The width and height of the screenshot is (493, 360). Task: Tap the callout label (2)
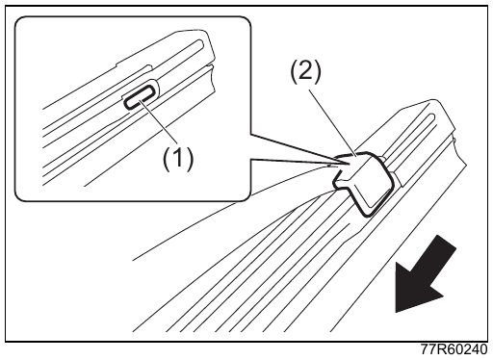305,71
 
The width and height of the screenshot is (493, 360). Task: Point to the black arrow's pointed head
397,312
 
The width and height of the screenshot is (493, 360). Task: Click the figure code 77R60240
454,349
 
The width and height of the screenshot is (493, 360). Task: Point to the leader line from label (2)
332,121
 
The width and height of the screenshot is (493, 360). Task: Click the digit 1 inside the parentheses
178,159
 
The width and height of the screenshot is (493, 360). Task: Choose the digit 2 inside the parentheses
305,71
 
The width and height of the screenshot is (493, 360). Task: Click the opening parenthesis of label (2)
294,72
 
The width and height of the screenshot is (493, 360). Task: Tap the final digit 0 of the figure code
482,349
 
